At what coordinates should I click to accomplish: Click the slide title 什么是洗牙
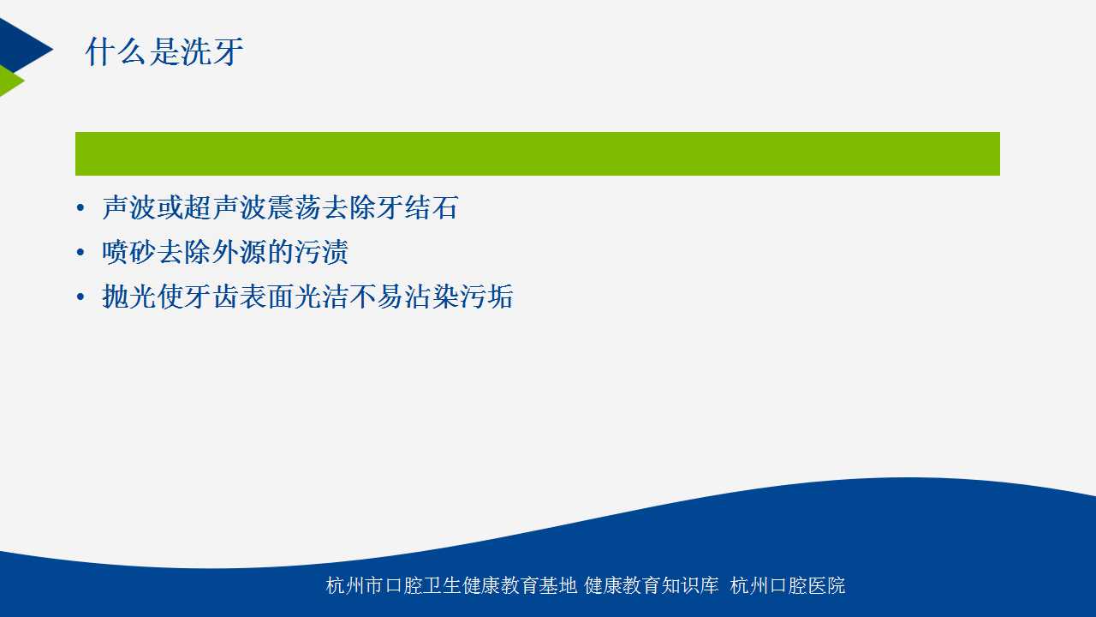pyautogui.click(x=164, y=51)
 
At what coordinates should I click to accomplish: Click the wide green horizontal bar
pyautogui.click(x=537, y=153)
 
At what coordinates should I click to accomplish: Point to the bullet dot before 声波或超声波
pyautogui.click(x=80, y=208)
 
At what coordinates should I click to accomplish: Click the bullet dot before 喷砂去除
pyautogui.click(x=80, y=253)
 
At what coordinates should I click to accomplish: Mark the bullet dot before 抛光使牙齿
pyautogui.click(x=80, y=297)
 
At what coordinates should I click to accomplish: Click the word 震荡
pyautogui.click(x=294, y=207)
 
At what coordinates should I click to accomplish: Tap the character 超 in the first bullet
pyautogui.click(x=198, y=207)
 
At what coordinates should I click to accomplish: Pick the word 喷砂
pyautogui.click(x=129, y=252)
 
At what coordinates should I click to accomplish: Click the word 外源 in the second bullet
pyautogui.click(x=239, y=252)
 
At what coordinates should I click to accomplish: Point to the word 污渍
pyautogui.click(x=321, y=252)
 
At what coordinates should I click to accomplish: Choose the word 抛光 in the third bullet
pyautogui.click(x=129, y=297)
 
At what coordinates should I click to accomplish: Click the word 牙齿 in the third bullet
pyautogui.click(x=211, y=297)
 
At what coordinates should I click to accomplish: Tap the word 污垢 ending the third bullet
pyautogui.click(x=486, y=297)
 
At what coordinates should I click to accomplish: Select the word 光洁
pyautogui.click(x=321, y=297)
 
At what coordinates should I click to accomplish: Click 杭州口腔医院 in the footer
pyautogui.click(x=787, y=585)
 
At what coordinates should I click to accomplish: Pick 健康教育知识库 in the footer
pyautogui.click(x=652, y=585)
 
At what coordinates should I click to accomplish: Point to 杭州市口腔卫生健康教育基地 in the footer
pyautogui.click(x=451, y=585)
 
